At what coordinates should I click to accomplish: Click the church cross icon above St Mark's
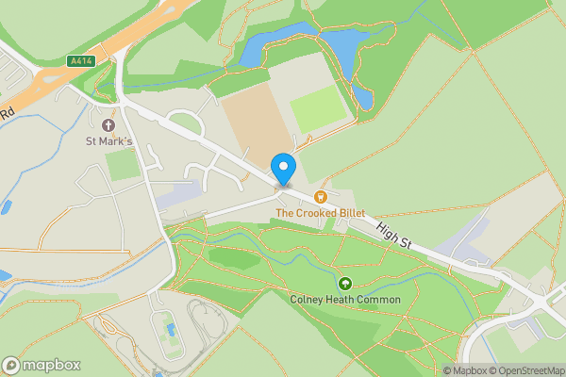(x=108, y=124)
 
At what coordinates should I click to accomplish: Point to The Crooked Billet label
(x=320, y=214)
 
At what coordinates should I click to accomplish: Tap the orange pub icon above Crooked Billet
(x=320, y=197)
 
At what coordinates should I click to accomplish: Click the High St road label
(x=395, y=235)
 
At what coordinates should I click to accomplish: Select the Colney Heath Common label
(x=345, y=300)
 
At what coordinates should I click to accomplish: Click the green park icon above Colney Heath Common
(x=345, y=283)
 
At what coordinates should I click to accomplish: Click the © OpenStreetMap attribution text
(x=525, y=370)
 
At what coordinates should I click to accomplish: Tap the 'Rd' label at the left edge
(x=8, y=113)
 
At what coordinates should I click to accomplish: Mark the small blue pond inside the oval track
(x=170, y=330)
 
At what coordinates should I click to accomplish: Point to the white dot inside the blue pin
(x=283, y=166)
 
